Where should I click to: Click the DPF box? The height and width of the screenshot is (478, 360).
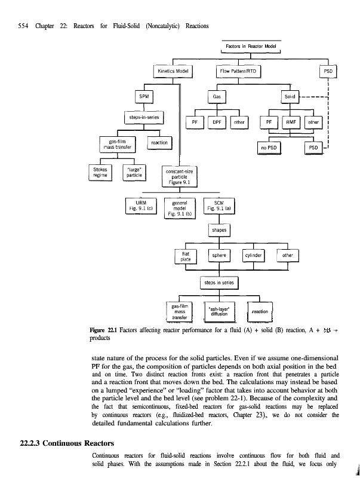(x=217, y=121)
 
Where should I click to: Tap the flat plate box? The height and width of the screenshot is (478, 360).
(x=185, y=256)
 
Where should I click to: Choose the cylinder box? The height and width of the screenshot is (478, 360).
(x=256, y=256)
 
